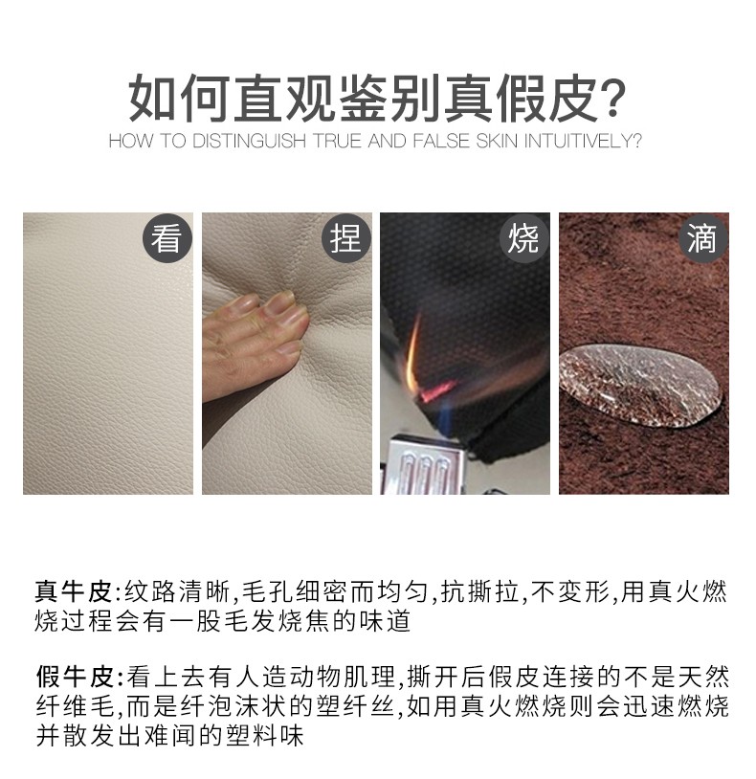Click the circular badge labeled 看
click(x=167, y=238)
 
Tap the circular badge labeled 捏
click(x=346, y=238)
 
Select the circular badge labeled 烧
click(x=523, y=238)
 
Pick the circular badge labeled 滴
click(x=702, y=238)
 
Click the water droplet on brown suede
click(x=641, y=385)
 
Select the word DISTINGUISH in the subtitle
click(x=249, y=141)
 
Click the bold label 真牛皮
click(x=74, y=591)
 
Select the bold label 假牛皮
click(x=75, y=677)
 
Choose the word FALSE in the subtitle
click(x=441, y=141)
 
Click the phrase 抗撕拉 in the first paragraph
click(x=479, y=591)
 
